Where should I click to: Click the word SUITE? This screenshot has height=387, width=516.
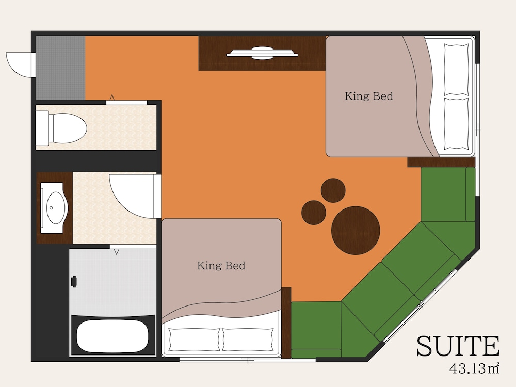[x=458, y=346]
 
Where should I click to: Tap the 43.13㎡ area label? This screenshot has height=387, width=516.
[x=474, y=368]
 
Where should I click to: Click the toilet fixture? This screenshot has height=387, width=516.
[x=61, y=128]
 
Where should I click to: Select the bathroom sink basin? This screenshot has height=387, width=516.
[x=55, y=208]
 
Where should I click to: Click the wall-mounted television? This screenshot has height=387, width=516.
[x=262, y=53]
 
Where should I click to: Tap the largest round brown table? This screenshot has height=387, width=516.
[x=356, y=230]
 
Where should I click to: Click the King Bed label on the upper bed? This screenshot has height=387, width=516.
[x=369, y=96]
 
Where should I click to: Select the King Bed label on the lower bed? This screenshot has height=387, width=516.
[x=221, y=266]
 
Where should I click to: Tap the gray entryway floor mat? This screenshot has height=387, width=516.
[x=60, y=68]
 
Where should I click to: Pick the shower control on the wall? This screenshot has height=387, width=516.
[x=74, y=281]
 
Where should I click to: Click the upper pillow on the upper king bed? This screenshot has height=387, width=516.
[x=457, y=70]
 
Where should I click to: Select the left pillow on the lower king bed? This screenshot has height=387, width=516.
[x=194, y=340]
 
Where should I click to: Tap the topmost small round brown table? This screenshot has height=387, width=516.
[x=333, y=190]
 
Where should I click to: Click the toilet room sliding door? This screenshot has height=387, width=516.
[x=126, y=102]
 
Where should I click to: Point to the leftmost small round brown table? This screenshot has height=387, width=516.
[x=314, y=213]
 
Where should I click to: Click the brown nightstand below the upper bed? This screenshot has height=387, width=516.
[x=441, y=162]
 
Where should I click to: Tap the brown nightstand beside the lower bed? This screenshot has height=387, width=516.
[x=286, y=323]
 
